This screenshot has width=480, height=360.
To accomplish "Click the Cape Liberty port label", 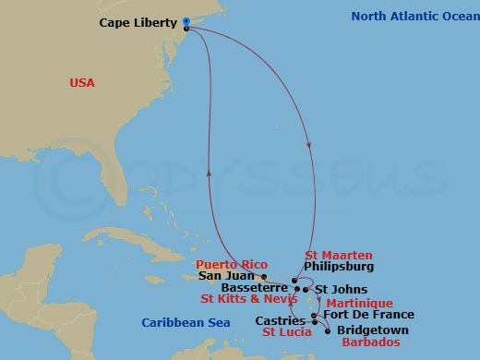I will tap(139, 23).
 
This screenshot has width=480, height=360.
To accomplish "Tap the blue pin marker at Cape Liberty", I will tap(186, 22).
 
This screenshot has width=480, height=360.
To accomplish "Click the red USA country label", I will tap(82, 83).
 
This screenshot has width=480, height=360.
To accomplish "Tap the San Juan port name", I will tap(222, 276).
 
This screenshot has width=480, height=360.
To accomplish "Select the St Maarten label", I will tap(339, 255).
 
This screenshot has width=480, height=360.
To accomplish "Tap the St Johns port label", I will tap(334, 289).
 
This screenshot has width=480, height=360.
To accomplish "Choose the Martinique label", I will tap(361, 303).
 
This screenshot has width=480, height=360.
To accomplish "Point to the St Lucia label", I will tap(287, 332).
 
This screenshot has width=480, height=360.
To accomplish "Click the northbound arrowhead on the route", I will tap(210, 172).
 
